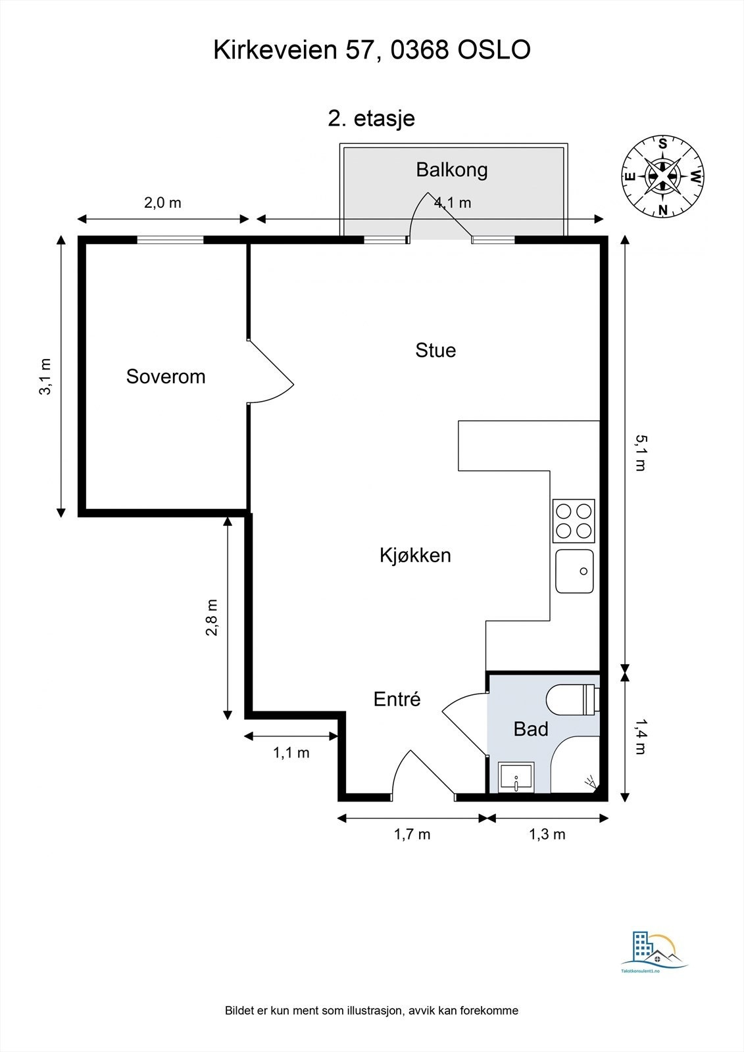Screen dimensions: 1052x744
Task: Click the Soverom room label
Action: coord(166,377)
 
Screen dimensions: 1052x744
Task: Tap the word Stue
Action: coord(435,350)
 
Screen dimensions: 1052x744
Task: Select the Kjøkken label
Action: coord(415,556)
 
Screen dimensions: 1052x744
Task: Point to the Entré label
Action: coord(397,699)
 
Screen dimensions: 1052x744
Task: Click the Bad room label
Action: coord(530,729)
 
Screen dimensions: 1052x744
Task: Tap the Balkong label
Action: coord(452,170)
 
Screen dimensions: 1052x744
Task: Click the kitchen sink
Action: coord(574,571)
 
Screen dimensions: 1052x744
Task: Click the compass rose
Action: coord(663,176)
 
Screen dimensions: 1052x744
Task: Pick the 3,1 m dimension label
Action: coord(45,377)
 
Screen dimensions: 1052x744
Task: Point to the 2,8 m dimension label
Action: coord(212,618)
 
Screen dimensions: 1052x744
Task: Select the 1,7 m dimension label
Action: coord(412,835)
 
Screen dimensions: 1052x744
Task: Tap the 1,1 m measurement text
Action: coord(291,753)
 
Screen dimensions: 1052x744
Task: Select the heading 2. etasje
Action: coord(371,119)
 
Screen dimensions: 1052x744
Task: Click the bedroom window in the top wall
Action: coord(170,240)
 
